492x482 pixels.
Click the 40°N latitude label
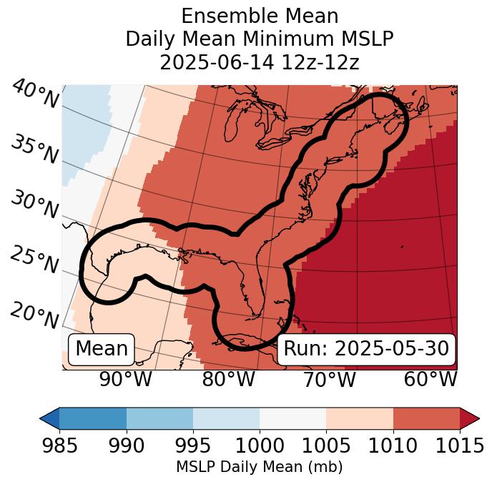click(x=35, y=94)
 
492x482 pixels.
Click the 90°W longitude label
click(x=125, y=380)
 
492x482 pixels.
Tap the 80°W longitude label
click(x=228, y=380)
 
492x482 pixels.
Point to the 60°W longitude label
click(x=430, y=380)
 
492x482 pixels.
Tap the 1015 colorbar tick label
click(x=461, y=446)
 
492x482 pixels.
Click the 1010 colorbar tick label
click(x=393, y=446)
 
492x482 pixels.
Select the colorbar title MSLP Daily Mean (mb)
click(x=259, y=467)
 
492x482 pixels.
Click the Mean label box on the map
click(x=102, y=349)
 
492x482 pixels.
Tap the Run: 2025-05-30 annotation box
click(x=366, y=349)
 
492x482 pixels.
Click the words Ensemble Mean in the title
click(x=259, y=16)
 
